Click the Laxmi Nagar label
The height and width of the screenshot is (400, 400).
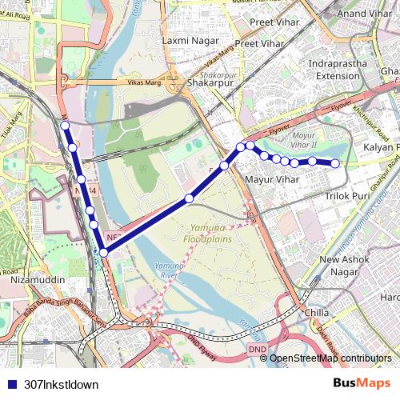pos(186,39)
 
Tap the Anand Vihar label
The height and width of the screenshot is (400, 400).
pos(364,14)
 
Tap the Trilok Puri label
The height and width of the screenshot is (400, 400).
pos(346,195)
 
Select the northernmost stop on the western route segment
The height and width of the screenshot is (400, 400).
pos(65,126)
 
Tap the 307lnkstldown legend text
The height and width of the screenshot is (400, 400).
pos(62,385)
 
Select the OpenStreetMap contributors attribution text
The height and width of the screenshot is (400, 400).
pos(330,358)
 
